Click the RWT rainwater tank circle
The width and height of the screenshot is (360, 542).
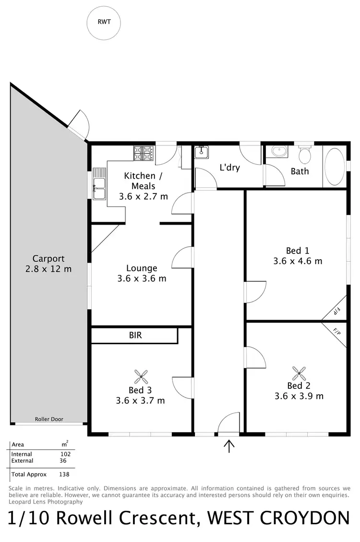pos(103,23)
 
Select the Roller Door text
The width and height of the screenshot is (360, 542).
pos(49,419)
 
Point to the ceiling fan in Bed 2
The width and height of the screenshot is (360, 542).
pos(299,373)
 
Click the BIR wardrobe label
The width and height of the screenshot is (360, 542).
pos(135,335)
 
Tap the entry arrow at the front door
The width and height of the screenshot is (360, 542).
pos(229,446)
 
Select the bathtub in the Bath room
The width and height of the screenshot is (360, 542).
pos(335,166)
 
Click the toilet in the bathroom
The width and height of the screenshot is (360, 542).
pos(304,155)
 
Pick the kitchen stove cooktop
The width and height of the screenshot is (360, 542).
pos(144,154)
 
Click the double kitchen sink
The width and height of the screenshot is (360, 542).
pos(99,184)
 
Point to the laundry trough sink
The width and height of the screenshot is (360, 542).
pos(201,152)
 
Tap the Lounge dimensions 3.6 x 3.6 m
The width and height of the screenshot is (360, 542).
pos(142,278)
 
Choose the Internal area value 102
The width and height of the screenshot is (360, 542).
pos(65,454)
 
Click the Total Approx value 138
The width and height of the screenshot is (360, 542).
pos(64,474)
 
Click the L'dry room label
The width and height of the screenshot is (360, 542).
pos(229,168)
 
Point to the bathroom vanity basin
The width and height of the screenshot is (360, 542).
pos(278,152)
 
